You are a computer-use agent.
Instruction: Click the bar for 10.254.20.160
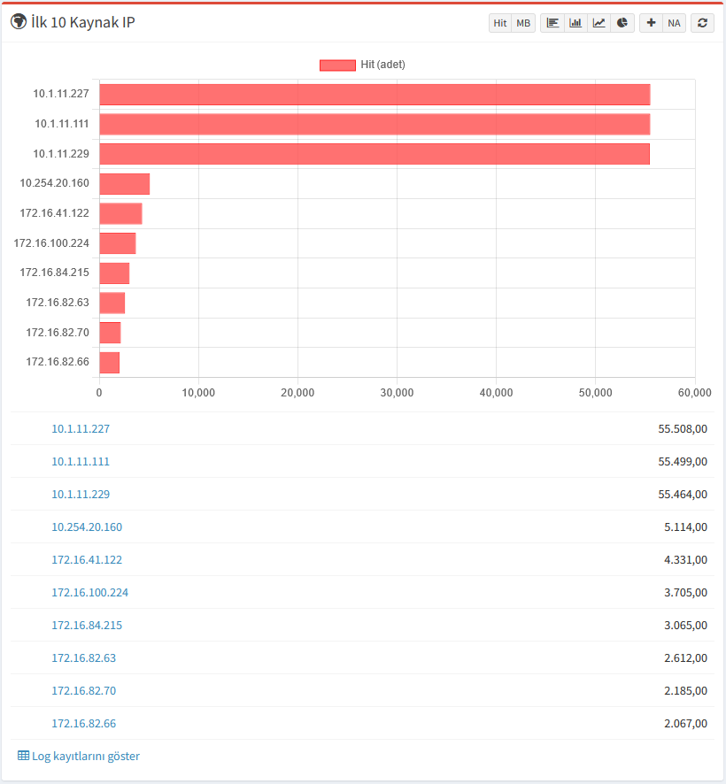pos(124,184)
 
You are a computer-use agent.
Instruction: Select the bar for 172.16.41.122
pos(120,213)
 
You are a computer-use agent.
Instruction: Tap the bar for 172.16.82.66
pos(109,362)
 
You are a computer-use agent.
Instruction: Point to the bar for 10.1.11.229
pos(374,154)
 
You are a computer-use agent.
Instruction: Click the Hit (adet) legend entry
pos(362,65)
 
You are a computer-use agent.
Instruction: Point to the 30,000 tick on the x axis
pos(397,392)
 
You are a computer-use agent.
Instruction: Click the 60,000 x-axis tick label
pos(694,392)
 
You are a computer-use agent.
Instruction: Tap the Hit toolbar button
pos(500,23)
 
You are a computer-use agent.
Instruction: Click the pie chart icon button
pos(622,23)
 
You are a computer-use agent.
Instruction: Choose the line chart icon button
pos(599,23)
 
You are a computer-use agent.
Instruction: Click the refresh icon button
pos(702,23)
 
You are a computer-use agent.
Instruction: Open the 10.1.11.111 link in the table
pos(81,461)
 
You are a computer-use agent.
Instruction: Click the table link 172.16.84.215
pos(87,625)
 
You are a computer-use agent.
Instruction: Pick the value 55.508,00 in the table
pos(683,428)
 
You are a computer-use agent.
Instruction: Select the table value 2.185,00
pos(685,690)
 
